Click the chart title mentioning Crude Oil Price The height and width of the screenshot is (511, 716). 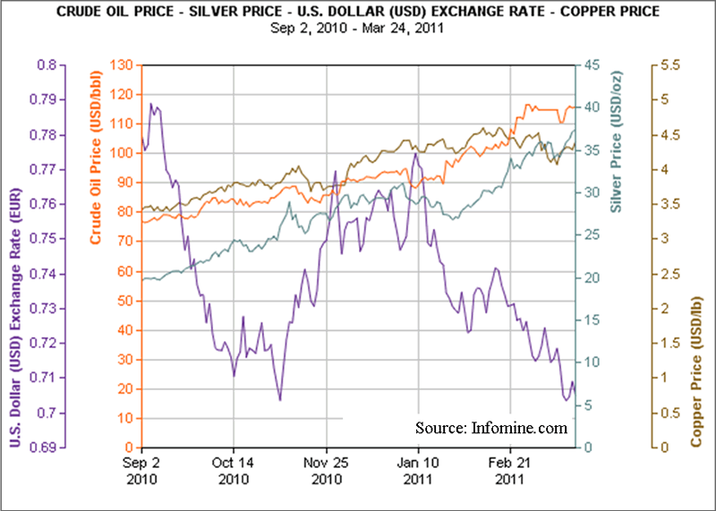point(357,12)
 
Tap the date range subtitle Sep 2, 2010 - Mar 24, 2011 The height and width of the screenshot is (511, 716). point(357,27)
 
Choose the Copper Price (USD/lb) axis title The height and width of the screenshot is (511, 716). point(695,372)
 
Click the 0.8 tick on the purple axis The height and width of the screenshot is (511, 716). point(47,65)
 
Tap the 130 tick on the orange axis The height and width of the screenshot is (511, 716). point(121,65)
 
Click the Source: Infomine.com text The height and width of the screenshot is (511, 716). point(490,428)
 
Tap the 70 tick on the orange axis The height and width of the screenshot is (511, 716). point(124,242)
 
